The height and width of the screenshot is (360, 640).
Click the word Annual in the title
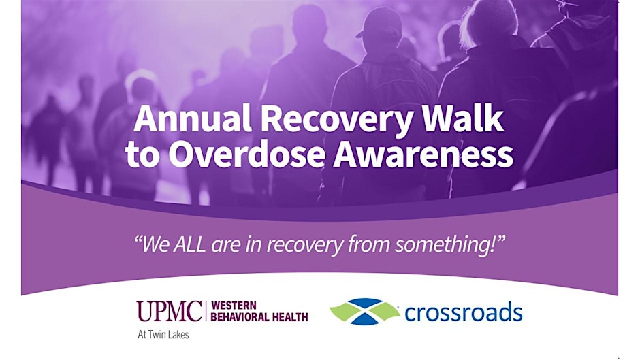click(x=192, y=118)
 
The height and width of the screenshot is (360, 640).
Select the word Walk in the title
click(x=462, y=118)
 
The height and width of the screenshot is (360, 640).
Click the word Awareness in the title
click(x=423, y=154)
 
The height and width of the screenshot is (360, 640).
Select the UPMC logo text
click(x=169, y=311)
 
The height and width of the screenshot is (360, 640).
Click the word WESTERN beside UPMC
click(x=234, y=306)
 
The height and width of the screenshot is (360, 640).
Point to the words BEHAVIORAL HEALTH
click(x=259, y=316)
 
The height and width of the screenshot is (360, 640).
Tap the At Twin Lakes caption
click(x=163, y=335)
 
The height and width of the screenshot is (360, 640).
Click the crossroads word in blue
click(x=463, y=312)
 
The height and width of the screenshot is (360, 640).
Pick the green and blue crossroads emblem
click(x=364, y=312)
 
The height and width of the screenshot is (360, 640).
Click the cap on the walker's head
click(x=380, y=24)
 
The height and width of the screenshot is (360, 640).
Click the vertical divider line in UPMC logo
click(x=206, y=311)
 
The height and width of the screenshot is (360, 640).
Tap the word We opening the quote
click(x=155, y=245)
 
